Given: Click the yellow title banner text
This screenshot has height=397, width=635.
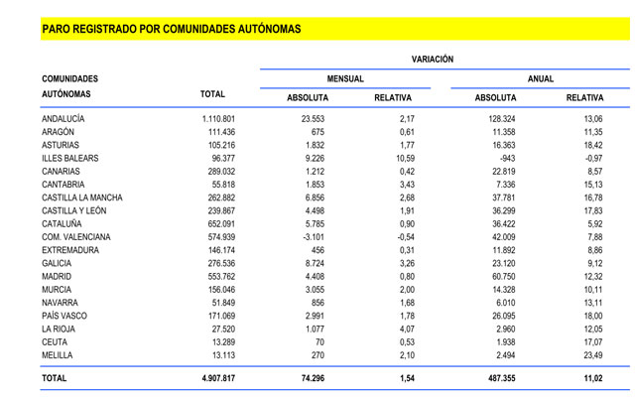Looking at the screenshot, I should click(171, 29).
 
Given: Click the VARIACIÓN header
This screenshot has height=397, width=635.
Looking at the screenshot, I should click(432, 60).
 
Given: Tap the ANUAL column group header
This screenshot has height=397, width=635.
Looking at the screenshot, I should click(541, 78).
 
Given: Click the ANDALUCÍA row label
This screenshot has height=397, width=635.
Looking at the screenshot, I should click(63, 119).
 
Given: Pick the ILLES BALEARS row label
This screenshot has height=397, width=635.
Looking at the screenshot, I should click(70, 158).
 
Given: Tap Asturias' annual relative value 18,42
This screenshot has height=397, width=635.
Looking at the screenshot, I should click(590, 145).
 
